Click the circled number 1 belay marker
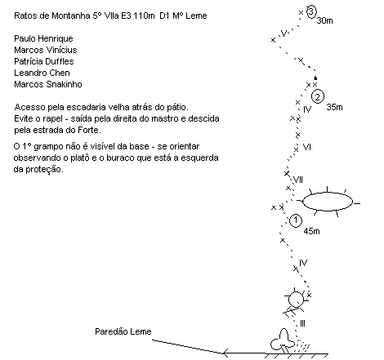pyautogui.click(x=296, y=220)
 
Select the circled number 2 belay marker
pyautogui.click(x=318, y=96)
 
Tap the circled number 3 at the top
pyautogui.click(x=311, y=12)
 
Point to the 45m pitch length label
pyautogui.click(x=311, y=231)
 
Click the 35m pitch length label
pyautogui.click(x=334, y=107)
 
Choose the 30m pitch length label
pyautogui.click(x=324, y=20)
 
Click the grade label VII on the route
pyautogui.click(x=298, y=180)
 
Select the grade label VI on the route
pyautogui.click(x=307, y=147)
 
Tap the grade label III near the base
pyautogui.click(x=302, y=323)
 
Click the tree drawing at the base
pyautogui.click(x=282, y=341)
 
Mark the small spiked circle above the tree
pyautogui.click(x=296, y=300)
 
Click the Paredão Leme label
pyautogui.click(x=123, y=331)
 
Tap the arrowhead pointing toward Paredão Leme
pyautogui.click(x=224, y=353)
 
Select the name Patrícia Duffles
pyautogui.click(x=44, y=61)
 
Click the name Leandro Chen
pyautogui.click(x=42, y=73)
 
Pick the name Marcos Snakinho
pyautogui.click(x=48, y=84)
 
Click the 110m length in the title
pyautogui.click(x=144, y=16)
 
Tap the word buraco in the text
pyautogui.click(x=120, y=158)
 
